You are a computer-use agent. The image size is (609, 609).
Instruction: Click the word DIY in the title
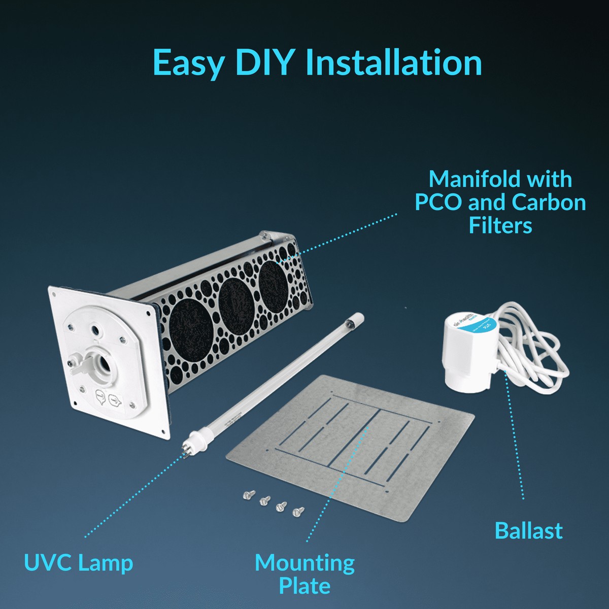(264, 63)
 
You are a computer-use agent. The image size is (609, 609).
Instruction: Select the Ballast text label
(528, 530)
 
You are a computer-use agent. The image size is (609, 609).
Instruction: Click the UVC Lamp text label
(79, 562)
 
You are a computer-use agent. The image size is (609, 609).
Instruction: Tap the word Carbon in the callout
(549, 202)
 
